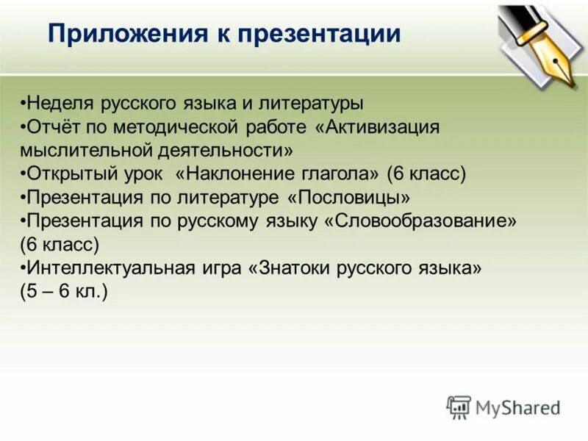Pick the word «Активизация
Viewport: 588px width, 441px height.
376,127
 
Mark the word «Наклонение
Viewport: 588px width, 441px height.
233,174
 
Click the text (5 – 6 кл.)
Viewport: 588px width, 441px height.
64,292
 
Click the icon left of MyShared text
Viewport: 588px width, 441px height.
459,407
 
